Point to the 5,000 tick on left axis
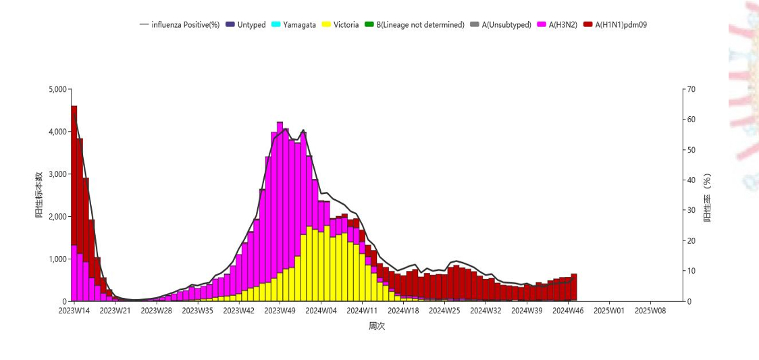[x=58, y=89]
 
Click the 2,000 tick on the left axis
[x=58, y=217]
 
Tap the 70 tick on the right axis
[x=691, y=89]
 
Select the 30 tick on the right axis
[x=691, y=211]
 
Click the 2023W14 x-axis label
[x=74, y=311]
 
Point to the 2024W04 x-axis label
[x=321, y=311]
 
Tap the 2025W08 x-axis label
[x=650, y=311]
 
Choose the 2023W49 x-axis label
[x=280, y=311]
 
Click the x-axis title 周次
[x=377, y=326]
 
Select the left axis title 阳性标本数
[x=39, y=195]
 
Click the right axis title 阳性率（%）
[x=707, y=197]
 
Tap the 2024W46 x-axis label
[x=568, y=311]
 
